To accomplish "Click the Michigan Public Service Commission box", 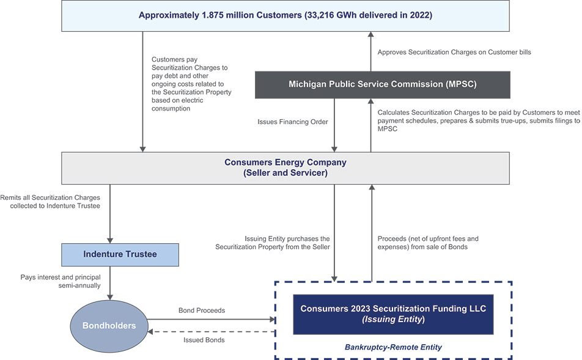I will pos(382,84).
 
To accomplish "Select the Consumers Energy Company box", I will pos(285,167).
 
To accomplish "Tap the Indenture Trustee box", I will pos(120,254).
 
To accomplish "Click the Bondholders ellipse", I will pos(108,325).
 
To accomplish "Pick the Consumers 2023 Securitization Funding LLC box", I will pos(393,314).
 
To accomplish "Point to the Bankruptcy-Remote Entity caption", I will pos(393,347).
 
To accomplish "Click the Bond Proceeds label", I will pos(202,310).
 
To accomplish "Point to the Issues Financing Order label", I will pos(293,122).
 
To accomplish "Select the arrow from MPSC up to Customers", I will pos(370,53).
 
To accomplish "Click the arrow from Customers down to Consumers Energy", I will pos(142,92).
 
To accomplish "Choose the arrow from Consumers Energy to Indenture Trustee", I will pos(110,214).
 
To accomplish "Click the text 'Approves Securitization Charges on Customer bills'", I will pos(454,53).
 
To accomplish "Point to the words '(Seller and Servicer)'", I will pos(285,173).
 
